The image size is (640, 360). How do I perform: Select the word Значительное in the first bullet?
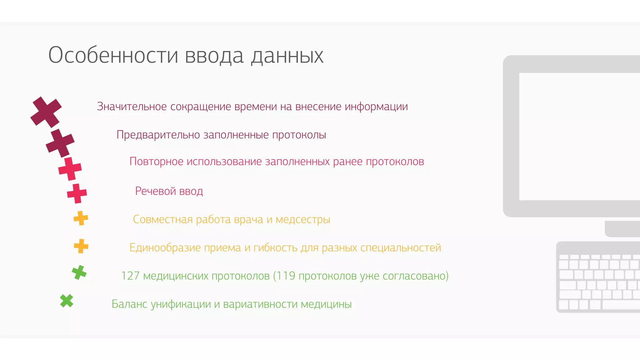(x=132, y=107)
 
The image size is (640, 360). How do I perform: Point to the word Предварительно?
(x=158, y=135)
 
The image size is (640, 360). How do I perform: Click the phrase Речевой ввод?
(x=169, y=191)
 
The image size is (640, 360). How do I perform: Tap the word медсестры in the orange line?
(x=303, y=220)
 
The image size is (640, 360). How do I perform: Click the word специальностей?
(x=401, y=248)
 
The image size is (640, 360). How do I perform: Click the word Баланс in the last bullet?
(x=129, y=304)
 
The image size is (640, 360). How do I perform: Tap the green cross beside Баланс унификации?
(x=67, y=301)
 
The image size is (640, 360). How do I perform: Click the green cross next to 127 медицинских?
(x=79, y=272)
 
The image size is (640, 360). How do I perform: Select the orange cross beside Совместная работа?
(x=81, y=218)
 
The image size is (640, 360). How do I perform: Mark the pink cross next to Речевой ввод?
(x=77, y=193)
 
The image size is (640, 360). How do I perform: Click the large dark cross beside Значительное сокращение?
(x=46, y=112)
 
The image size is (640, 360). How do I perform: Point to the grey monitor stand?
(x=622, y=229)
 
